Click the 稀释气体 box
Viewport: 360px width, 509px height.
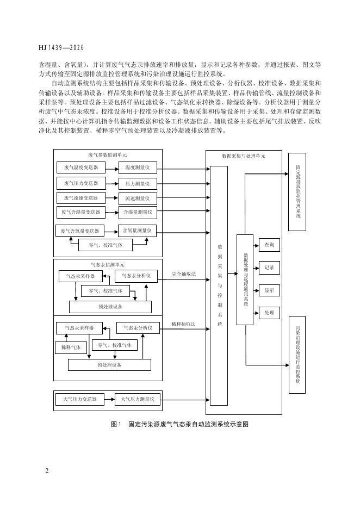click(71, 347)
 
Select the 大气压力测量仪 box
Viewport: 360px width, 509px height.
click(138, 400)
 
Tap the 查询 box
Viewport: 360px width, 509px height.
click(269, 246)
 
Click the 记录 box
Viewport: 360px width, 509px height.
click(269, 268)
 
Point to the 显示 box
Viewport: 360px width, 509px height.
click(269, 290)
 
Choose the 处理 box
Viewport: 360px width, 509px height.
click(269, 313)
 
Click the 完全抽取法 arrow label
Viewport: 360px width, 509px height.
click(183, 274)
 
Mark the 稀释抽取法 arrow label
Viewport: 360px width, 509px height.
click(183, 324)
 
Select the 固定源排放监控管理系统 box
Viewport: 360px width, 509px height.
click(297, 191)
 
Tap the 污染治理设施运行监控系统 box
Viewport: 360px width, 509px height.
click(297, 354)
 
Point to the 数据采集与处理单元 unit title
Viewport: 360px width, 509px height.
click(244, 156)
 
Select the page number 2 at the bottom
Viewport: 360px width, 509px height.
click(47, 469)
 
